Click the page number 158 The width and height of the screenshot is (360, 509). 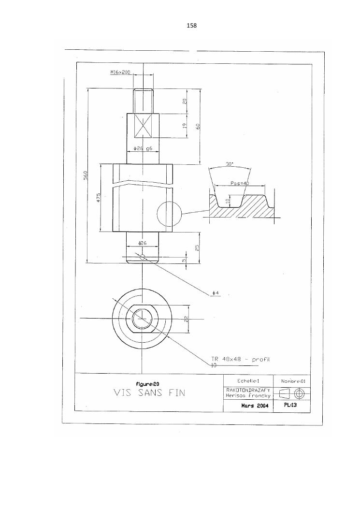pyautogui.click(x=191, y=25)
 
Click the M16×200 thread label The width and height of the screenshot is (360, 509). pyautogui.click(x=120, y=73)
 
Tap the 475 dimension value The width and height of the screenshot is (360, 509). pyautogui.click(x=99, y=198)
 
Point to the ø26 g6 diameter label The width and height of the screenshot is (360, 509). pyautogui.click(x=143, y=148)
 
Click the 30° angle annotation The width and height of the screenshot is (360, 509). pyautogui.click(x=230, y=164)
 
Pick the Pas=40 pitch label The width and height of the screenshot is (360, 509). pyautogui.click(x=240, y=183)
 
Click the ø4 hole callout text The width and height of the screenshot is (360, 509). pyautogui.click(x=216, y=293)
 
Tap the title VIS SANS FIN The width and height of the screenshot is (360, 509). pyautogui.click(x=150, y=393)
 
